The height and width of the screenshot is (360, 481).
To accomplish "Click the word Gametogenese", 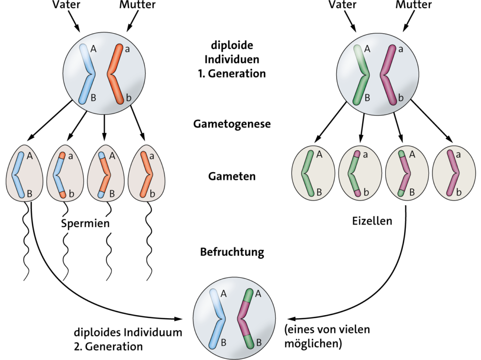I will click(x=232, y=124).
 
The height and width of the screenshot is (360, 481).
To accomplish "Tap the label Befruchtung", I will click(x=232, y=252).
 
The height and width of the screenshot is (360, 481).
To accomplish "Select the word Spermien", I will click(x=85, y=223).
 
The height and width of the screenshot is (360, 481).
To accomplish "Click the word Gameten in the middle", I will click(x=232, y=176).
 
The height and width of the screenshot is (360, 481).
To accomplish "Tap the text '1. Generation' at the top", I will click(x=232, y=74).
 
